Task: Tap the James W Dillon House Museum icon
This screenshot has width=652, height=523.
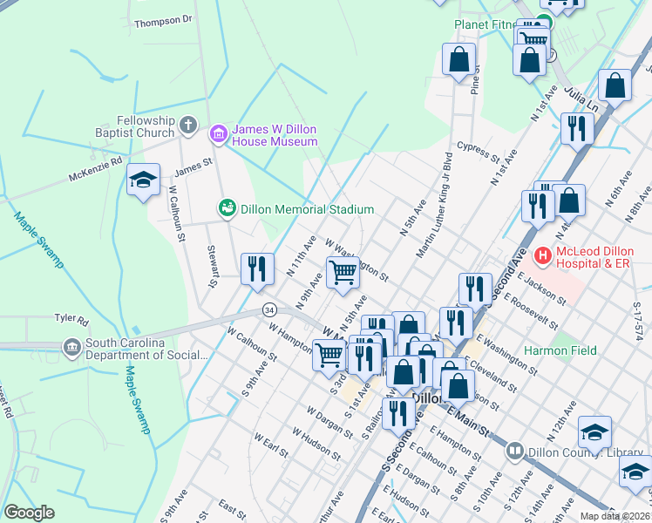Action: tap(218, 134)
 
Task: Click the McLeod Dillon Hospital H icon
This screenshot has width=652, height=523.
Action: tap(543, 255)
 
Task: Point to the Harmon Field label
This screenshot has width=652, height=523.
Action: tap(557, 350)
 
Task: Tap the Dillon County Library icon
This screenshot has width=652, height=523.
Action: tap(514, 451)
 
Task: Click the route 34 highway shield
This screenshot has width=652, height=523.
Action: tap(270, 310)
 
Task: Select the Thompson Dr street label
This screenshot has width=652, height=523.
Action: tap(162, 18)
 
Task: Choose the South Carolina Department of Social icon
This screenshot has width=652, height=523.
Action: tap(72, 349)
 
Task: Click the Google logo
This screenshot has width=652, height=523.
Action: tap(29, 513)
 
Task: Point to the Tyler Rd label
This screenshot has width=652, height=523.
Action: tap(71, 321)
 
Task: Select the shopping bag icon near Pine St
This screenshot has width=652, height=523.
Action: tap(458, 61)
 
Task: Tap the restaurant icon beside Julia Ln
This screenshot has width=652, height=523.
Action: tap(577, 129)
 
